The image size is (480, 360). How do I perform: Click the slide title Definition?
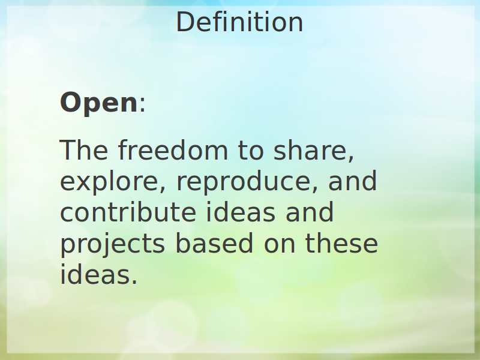[239, 22]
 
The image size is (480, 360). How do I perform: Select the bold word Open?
[99, 103]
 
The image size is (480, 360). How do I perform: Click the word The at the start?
[84, 150]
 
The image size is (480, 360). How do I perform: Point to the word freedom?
[173, 149]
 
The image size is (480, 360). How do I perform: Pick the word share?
[310, 150]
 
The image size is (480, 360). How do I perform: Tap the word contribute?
[128, 212]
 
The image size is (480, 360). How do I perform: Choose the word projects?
[112, 244]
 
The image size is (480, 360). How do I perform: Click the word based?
[214, 243]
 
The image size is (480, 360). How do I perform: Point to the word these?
[341, 243]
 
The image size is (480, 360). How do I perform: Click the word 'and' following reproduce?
[352, 181]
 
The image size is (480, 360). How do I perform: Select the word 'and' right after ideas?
[310, 212]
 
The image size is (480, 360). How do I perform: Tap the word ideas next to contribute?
[241, 212]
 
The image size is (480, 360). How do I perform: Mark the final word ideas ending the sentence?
[95, 274]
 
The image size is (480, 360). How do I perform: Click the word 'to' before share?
[250, 151]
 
